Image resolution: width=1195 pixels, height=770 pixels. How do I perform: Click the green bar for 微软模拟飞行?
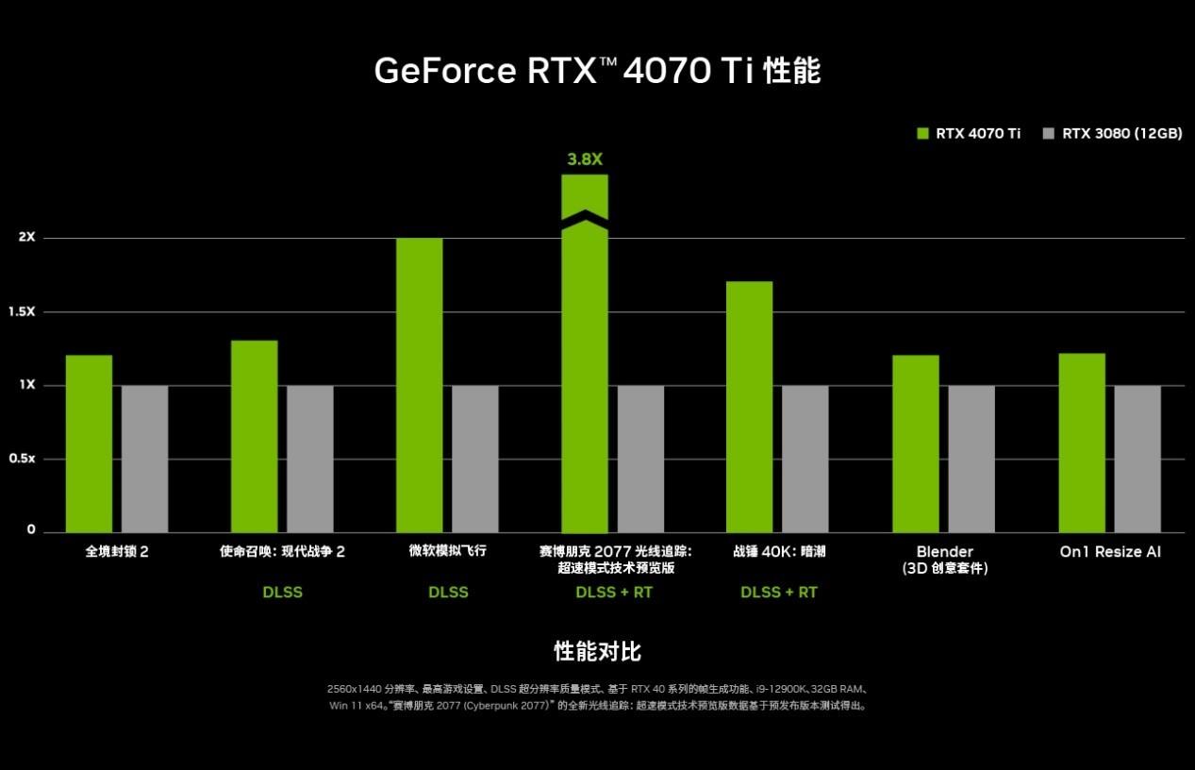(419, 385)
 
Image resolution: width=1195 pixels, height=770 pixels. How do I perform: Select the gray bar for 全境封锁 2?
(144, 459)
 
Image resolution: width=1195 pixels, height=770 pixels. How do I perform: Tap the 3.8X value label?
(585, 159)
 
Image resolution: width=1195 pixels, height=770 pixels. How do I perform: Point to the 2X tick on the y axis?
(26, 237)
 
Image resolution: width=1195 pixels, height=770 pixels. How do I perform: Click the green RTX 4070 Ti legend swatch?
(923, 133)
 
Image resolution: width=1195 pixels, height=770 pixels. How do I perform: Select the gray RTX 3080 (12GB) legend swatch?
(1049, 133)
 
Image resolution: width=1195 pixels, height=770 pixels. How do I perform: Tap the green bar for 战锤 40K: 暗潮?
(750, 407)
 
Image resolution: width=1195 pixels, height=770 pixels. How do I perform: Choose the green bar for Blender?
(915, 444)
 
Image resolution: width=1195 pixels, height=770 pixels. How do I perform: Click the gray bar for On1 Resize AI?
(1137, 459)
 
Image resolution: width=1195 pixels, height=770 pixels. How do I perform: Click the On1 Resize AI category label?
(1109, 551)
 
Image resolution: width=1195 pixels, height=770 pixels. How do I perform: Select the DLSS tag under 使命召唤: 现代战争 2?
(282, 593)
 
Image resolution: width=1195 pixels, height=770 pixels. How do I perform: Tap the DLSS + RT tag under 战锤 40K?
(779, 593)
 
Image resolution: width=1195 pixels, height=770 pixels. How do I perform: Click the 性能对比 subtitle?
(597, 651)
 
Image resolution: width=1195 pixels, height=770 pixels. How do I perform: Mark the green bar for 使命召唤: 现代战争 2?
(254, 436)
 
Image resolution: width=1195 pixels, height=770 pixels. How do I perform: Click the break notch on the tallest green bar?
(585, 217)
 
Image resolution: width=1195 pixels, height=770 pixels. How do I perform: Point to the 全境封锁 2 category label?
(117, 551)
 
